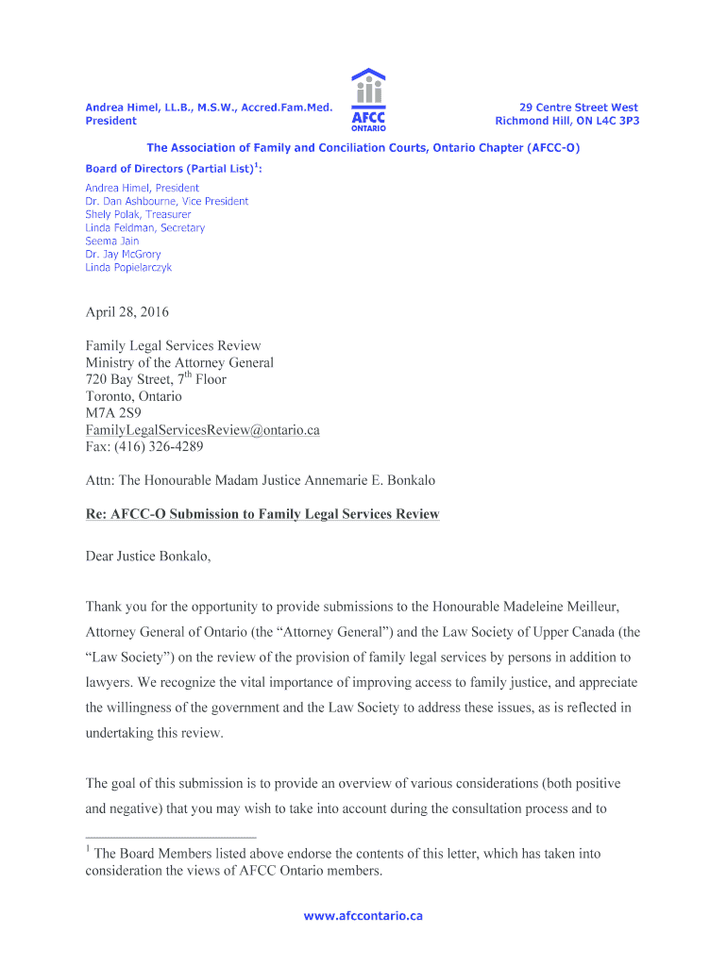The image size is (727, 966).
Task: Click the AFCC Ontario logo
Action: pyautogui.click(x=367, y=99)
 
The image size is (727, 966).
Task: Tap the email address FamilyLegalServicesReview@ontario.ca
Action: pyautogui.click(x=202, y=430)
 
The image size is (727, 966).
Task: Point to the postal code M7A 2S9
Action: pyautogui.click(x=113, y=413)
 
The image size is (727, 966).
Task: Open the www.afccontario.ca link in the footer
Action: pyautogui.click(x=363, y=916)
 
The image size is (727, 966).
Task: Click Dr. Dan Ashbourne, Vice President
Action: pyautogui.click(x=166, y=201)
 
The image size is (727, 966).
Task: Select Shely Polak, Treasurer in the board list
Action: pyautogui.click(x=138, y=214)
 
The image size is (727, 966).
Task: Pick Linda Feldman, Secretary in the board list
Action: pyautogui.click(x=144, y=227)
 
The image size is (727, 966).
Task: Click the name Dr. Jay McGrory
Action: pyautogui.click(x=123, y=254)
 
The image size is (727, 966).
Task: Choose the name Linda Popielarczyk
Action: pyautogui.click(x=128, y=267)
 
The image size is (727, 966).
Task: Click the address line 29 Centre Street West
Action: pyautogui.click(x=579, y=108)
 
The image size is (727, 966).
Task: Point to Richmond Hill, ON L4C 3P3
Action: pyautogui.click(x=566, y=121)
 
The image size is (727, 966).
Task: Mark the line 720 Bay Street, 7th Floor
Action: pyautogui.click(x=156, y=379)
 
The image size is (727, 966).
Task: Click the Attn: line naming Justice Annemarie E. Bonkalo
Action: pyautogui.click(x=260, y=480)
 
